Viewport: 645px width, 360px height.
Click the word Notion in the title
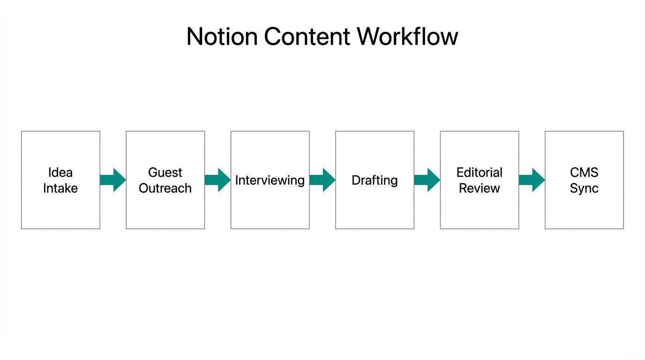[222, 37]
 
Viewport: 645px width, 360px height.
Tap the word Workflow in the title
[407, 37]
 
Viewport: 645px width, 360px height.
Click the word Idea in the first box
[60, 172]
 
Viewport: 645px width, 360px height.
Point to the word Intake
[60, 188]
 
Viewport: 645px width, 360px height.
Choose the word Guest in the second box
[165, 172]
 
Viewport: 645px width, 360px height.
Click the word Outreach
[165, 188]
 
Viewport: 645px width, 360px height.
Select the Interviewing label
[270, 180]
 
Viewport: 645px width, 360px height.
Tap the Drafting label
[375, 180]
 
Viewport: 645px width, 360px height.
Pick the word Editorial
[479, 172]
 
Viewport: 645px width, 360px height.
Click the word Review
[479, 188]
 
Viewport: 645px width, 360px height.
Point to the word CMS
[584, 172]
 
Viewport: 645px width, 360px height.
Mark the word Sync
[584, 188]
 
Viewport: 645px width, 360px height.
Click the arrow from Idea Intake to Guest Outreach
[113, 180]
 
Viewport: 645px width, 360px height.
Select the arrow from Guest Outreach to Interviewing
[217, 180]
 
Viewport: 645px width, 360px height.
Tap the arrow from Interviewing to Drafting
[322, 180]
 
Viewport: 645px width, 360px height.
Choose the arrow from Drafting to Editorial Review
[427, 180]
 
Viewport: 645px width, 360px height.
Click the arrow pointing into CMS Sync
[532, 180]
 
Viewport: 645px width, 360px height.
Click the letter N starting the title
[195, 37]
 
